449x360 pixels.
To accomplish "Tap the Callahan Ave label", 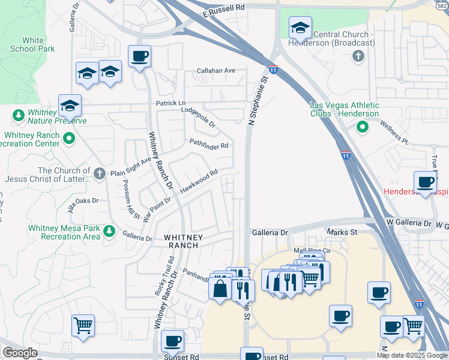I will pos(217,71).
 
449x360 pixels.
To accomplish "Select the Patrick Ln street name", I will pos(171,104).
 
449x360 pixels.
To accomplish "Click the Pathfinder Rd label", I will pos(209,145).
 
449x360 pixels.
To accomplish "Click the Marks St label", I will pos(342,232).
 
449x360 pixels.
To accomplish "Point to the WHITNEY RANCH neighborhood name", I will pos(184,241).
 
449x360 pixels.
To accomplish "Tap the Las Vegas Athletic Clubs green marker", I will pos(362,127).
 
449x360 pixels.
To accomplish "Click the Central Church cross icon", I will pos(358,56).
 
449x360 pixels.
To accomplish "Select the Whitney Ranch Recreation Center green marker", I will pos(69,139).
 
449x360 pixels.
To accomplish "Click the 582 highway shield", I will pos(441,4).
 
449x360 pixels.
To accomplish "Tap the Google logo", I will pos(20,353).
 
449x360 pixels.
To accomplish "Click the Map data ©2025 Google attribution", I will pos(412,355).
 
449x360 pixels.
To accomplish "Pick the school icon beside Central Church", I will pos(300,28).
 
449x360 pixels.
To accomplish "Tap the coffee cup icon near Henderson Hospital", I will pos(426,182).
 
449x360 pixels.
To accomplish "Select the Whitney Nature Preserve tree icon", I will pos(19,114).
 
